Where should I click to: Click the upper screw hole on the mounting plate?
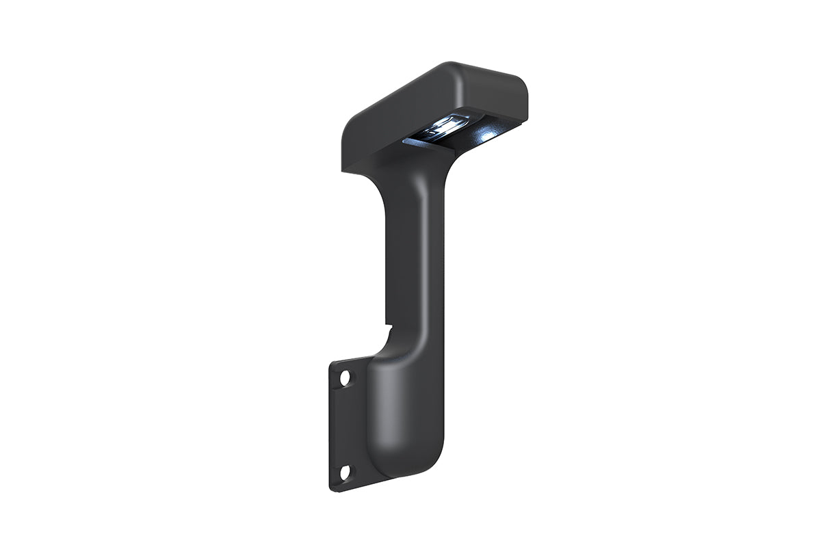[345, 377]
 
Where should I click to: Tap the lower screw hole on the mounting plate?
[345, 471]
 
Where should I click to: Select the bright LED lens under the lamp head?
[447, 126]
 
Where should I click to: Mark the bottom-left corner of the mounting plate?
[336, 486]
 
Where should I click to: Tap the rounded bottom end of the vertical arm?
[410, 468]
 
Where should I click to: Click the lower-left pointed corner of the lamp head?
[341, 168]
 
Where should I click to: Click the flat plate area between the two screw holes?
[346, 424]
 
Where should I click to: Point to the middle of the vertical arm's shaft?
[410, 273]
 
